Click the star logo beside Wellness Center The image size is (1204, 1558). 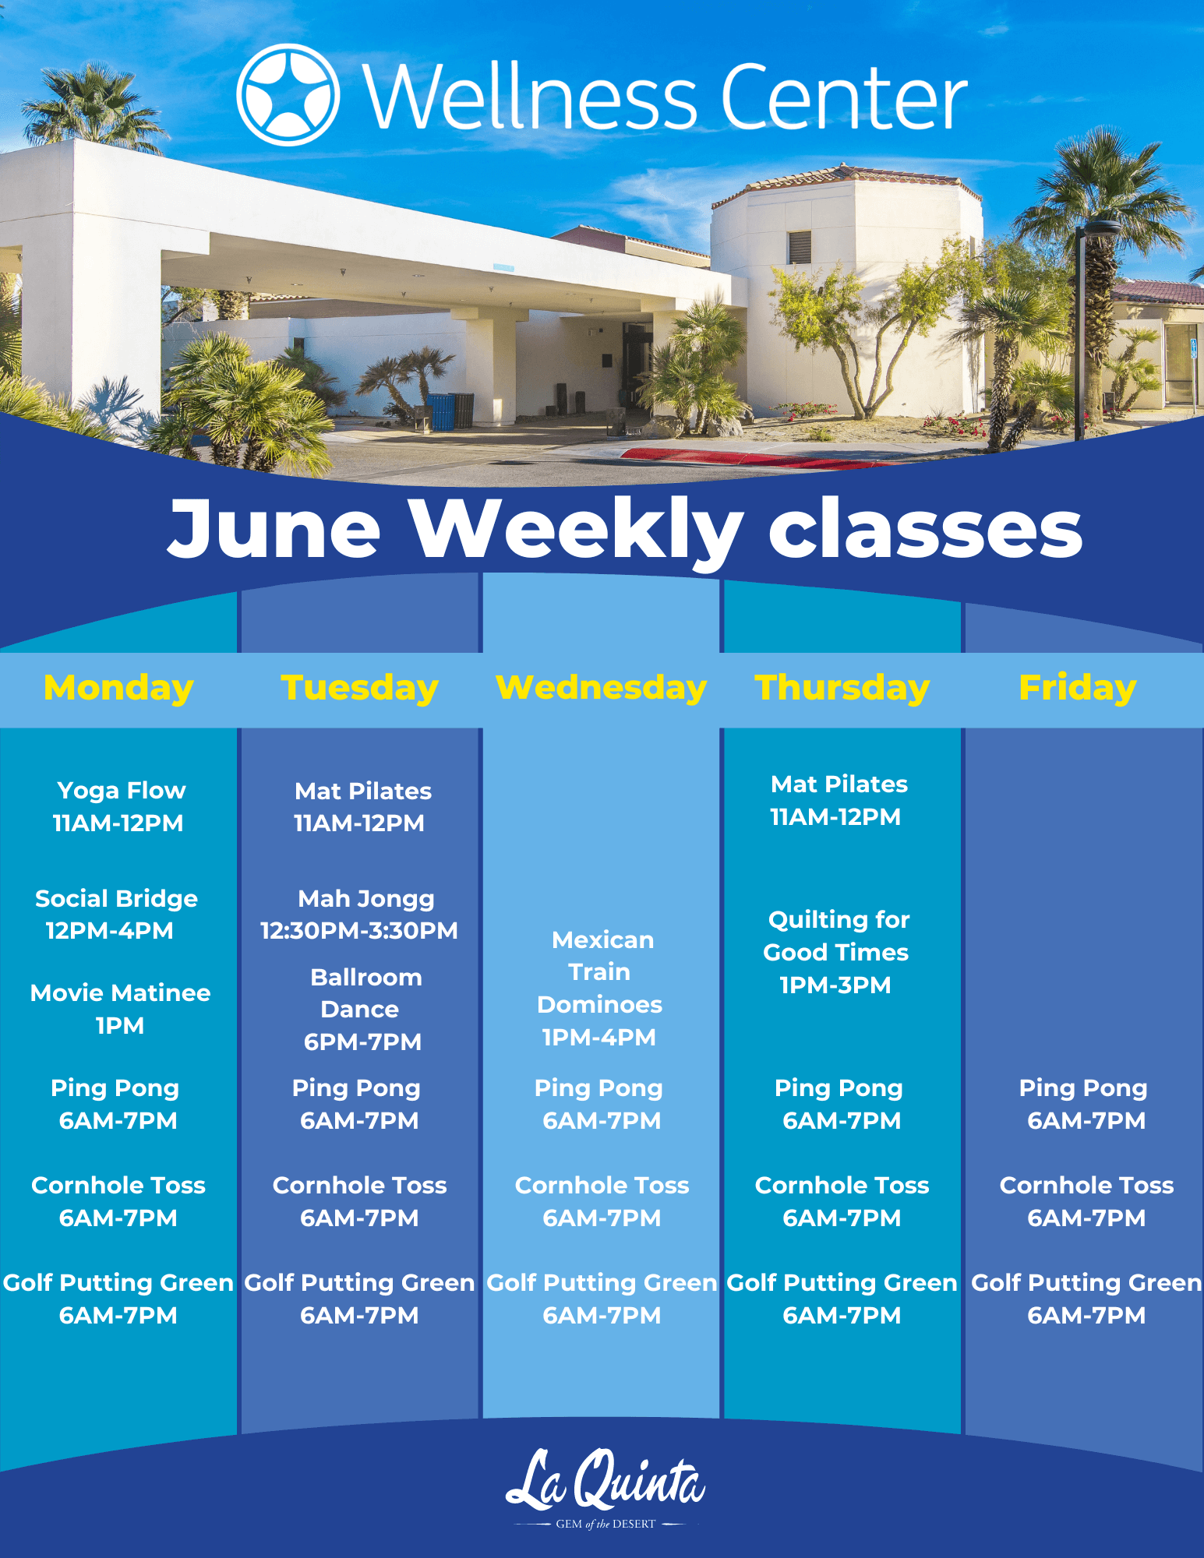288,95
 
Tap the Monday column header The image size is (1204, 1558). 118,688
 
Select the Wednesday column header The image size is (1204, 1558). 601,688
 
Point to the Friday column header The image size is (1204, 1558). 1077,688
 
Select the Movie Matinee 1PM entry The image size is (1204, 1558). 120,1009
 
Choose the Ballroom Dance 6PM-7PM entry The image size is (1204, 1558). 363,1009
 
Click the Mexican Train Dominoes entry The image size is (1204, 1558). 600,988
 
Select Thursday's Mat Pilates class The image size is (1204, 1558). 838,800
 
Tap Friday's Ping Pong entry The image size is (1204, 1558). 1084,1104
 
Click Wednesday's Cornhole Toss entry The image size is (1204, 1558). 602,1201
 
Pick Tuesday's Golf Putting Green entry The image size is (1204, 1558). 359,1299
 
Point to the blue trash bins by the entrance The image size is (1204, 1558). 443,411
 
